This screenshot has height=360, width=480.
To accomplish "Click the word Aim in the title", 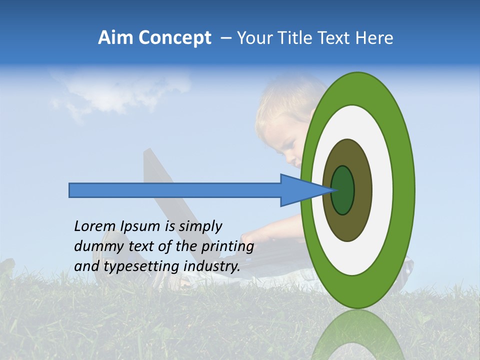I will tap(115, 38).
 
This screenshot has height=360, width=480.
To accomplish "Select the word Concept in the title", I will tap(174, 38).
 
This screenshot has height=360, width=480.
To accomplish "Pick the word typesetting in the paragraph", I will tap(141, 266).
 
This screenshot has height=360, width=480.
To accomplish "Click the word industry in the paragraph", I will tap(212, 266).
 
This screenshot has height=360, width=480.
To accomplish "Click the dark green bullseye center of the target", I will tap(342, 190).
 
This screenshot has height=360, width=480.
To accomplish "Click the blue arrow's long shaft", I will tap(175, 190).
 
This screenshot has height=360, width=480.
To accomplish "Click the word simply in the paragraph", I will tap(200, 226).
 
